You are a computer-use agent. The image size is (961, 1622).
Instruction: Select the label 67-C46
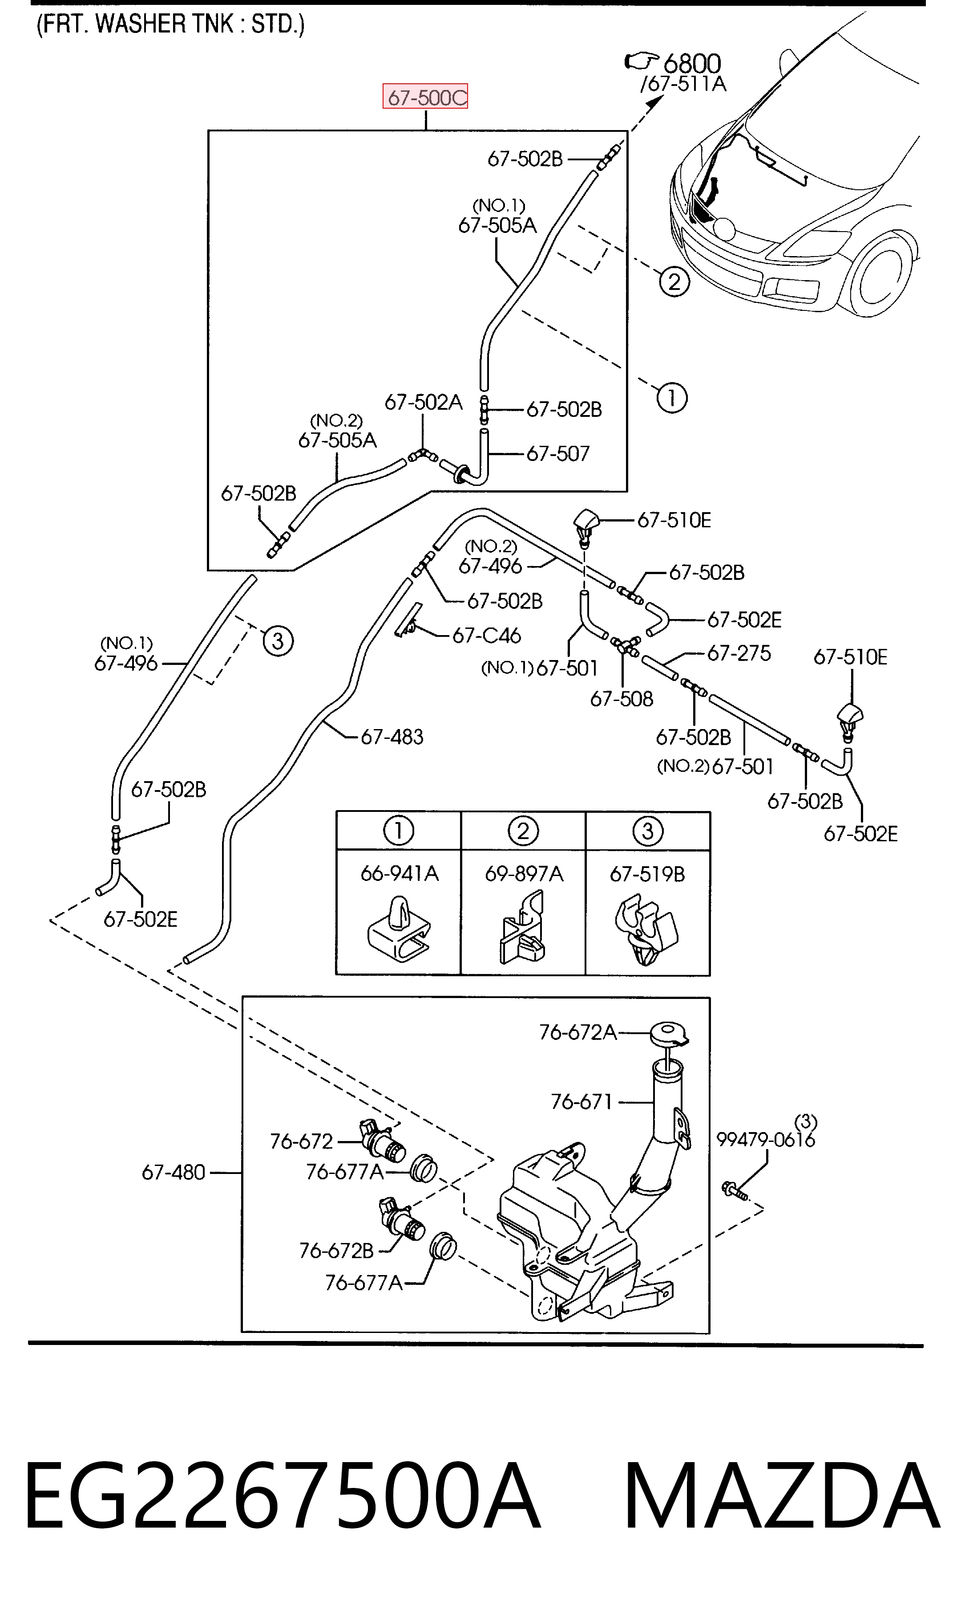tap(486, 635)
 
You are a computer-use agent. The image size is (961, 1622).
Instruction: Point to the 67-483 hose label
tap(392, 736)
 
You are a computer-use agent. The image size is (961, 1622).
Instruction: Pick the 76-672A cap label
tap(577, 1031)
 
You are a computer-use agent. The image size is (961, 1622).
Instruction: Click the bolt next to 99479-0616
tap(735, 1189)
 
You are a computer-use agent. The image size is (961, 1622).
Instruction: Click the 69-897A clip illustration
tap(523, 927)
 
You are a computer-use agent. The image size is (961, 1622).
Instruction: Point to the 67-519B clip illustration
tap(646, 930)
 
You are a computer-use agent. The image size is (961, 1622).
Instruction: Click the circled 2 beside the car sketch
tap(674, 282)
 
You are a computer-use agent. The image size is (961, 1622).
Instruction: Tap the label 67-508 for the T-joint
tap(622, 699)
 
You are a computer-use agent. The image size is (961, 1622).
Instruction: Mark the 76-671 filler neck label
tap(581, 1102)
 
